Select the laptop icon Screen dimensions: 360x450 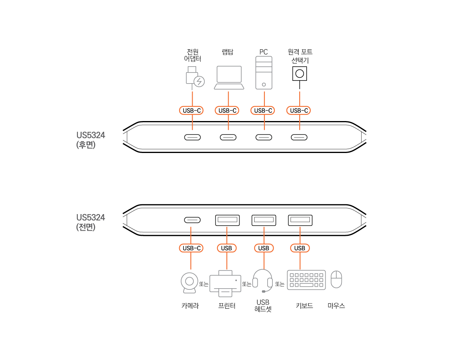[229, 78]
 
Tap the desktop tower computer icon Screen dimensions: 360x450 [264, 73]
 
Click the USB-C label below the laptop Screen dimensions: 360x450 [227, 110]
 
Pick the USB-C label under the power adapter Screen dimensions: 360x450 [192, 110]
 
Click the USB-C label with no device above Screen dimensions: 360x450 [299, 110]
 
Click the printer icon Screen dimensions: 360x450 [225, 284]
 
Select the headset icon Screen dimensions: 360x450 [262, 280]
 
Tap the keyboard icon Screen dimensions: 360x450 [306, 280]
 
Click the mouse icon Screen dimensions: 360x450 [336, 279]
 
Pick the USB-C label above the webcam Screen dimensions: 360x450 [191, 248]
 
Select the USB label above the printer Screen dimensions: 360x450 [227, 248]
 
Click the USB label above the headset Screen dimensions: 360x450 [263, 248]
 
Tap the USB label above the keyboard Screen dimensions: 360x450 [300, 248]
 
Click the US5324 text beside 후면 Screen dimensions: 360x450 [91, 135]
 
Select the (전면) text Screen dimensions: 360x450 [86, 227]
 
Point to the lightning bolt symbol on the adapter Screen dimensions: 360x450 [199, 82]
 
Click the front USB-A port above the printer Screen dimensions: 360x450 [227, 220]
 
